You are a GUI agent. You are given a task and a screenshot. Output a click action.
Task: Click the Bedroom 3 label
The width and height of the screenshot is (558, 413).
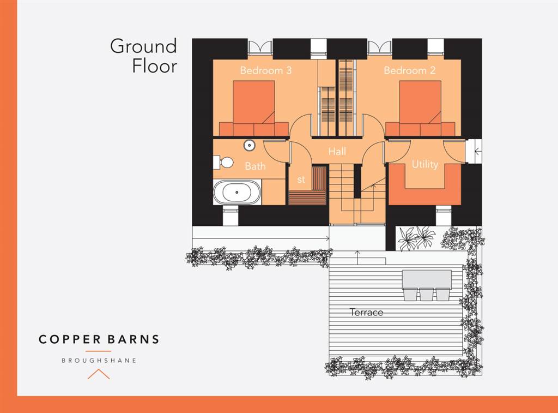pyautogui.click(x=262, y=70)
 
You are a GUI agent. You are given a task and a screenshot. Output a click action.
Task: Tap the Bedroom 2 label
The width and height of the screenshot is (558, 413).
pyautogui.click(x=405, y=70)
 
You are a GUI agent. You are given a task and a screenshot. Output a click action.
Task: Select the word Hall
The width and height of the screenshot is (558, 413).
pyautogui.click(x=337, y=152)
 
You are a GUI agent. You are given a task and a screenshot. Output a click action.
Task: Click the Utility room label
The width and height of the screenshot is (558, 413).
pyautogui.click(x=424, y=164)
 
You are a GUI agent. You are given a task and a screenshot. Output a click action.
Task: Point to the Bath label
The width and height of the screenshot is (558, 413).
pyautogui.click(x=255, y=166)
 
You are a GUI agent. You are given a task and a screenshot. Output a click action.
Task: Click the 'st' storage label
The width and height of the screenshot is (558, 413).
pyautogui.click(x=301, y=179)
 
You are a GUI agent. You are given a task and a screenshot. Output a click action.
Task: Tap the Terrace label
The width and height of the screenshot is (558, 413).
pyautogui.click(x=366, y=312)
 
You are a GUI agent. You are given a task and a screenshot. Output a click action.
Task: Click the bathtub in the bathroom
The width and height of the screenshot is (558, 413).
pyautogui.click(x=237, y=193)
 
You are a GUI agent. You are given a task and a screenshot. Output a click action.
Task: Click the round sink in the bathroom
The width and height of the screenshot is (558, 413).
pyautogui.click(x=250, y=145)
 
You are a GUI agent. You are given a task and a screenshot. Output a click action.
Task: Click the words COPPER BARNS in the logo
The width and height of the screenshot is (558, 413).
pyautogui.click(x=99, y=339)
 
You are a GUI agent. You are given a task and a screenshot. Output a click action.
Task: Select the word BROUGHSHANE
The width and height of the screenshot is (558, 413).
pyautogui.click(x=99, y=360)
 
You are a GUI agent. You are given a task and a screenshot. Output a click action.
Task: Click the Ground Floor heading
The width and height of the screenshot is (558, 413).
pyautogui.click(x=144, y=56)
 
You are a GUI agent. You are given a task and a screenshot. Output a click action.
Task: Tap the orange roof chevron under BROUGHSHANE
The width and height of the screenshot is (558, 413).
pyautogui.click(x=99, y=374)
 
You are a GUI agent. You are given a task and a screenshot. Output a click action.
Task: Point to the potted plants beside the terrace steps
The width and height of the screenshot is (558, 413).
pyautogui.click(x=417, y=238)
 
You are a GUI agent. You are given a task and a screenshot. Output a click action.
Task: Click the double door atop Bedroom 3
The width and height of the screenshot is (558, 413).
pyautogui.click(x=260, y=47)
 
